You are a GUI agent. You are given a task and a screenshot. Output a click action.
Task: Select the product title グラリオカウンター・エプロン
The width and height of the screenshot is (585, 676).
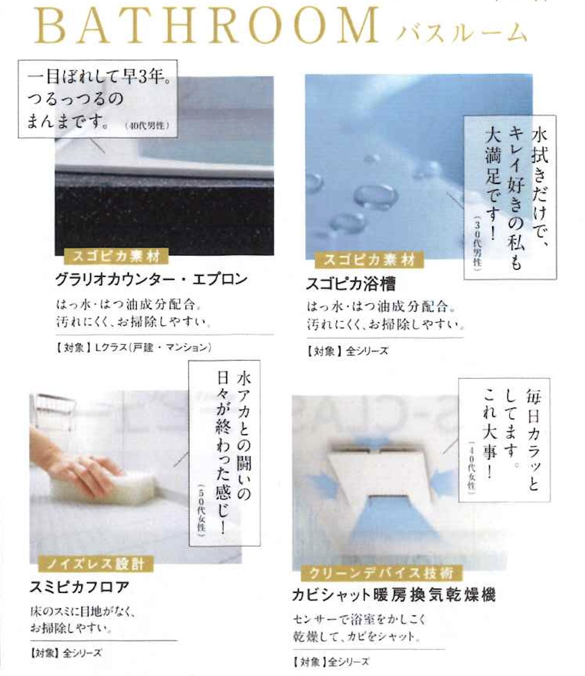click(x=151, y=280)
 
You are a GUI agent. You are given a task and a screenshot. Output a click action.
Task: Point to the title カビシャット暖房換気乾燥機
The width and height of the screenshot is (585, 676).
click(x=394, y=595)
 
